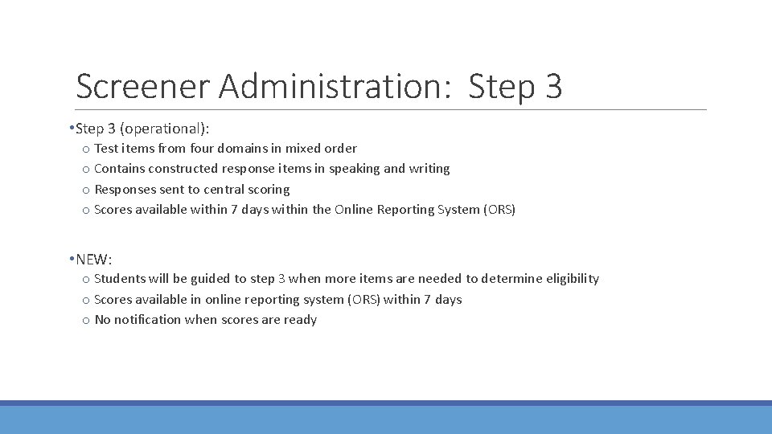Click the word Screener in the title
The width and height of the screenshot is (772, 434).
point(142,86)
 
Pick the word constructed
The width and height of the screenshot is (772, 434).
point(180,169)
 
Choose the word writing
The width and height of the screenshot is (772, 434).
point(429,169)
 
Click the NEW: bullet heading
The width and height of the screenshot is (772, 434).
point(94,259)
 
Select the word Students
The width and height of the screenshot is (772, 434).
point(120,279)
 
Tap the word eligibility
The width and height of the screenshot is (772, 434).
point(573,279)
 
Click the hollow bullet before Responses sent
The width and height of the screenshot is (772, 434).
point(85,190)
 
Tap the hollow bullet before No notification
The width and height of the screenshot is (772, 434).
point(85,320)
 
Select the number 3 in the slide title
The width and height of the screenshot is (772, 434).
point(553,86)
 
